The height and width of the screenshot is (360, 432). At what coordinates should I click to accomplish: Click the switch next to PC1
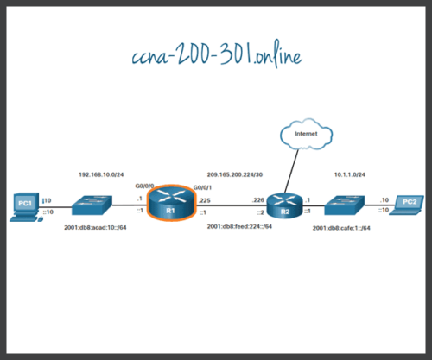[94, 205]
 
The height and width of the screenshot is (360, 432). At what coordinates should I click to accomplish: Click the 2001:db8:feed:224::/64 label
[240, 226]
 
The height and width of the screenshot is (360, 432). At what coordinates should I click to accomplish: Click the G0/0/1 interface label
[201, 187]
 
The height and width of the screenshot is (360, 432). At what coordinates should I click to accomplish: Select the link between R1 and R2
[232, 207]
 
